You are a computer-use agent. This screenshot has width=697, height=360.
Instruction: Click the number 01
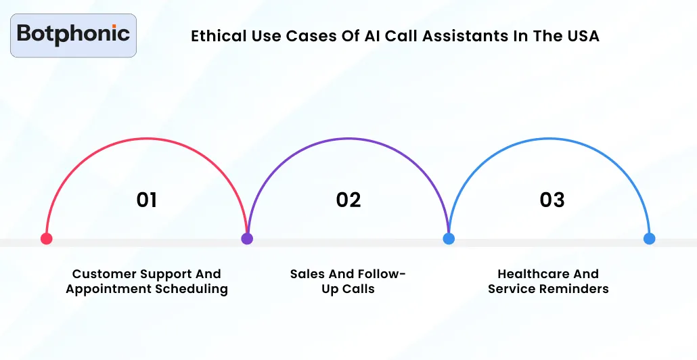pyautogui.click(x=147, y=200)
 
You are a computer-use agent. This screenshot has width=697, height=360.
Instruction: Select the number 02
pyautogui.click(x=348, y=200)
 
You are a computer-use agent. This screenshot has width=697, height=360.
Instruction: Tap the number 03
pyautogui.click(x=552, y=200)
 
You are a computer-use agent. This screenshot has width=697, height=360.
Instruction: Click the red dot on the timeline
pyautogui.click(x=46, y=238)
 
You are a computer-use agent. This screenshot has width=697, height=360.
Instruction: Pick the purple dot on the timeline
pyautogui.click(x=247, y=238)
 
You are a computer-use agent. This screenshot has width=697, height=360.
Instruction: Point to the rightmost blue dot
pyautogui.click(x=649, y=238)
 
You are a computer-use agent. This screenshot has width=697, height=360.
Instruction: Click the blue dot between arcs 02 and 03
pyautogui.click(x=448, y=238)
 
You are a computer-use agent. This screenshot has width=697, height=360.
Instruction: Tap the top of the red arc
pyautogui.click(x=147, y=138)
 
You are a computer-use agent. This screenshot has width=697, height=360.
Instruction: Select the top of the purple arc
pyautogui.click(x=348, y=138)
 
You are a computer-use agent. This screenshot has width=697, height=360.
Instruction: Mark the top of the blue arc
pyautogui.click(x=549, y=138)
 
